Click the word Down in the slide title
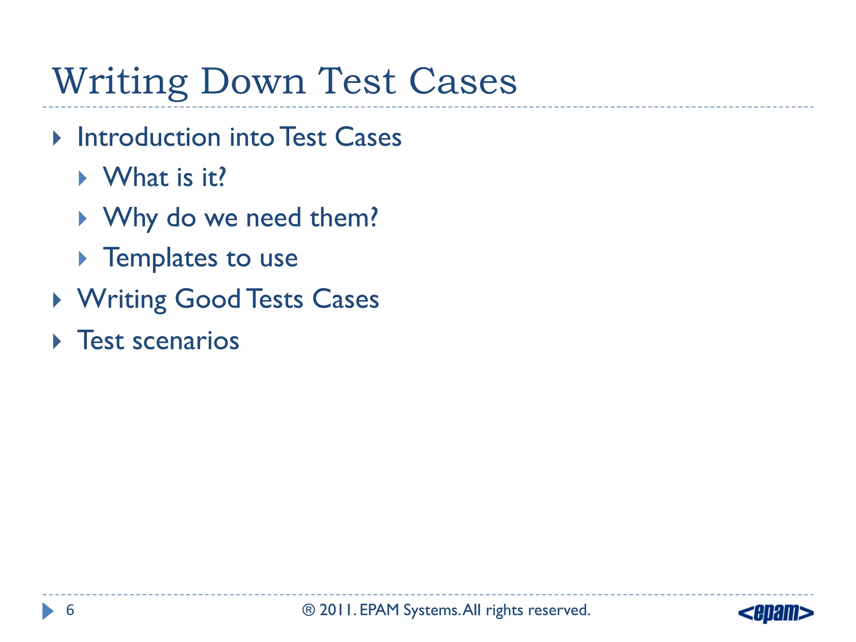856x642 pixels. [253, 82]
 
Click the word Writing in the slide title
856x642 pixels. [120, 82]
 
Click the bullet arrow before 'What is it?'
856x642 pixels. [83, 178]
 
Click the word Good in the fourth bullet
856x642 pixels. [207, 299]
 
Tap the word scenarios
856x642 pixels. [186, 340]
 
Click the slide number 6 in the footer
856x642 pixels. [70, 610]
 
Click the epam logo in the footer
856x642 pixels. [776, 613]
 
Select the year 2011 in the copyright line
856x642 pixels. [337, 610]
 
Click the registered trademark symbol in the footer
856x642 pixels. [308, 610]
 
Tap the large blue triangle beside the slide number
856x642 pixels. [48, 611]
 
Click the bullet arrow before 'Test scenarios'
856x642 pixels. [57, 341]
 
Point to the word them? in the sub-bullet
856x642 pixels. [344, 218]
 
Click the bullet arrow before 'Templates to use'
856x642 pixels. [83, 259]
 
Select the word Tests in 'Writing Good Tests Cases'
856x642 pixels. [274, 299]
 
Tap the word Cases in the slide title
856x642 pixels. [463, 82]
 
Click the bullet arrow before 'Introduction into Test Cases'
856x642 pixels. [57, 138]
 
